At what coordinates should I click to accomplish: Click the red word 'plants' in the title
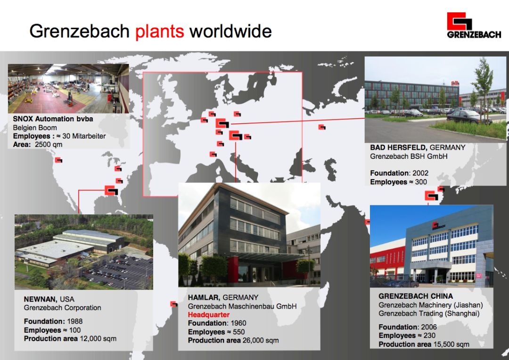click(x=159, y=32)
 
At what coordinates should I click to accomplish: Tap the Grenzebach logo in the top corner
click(x=474, y=25)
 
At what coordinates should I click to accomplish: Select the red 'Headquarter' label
click(x=209, y=315)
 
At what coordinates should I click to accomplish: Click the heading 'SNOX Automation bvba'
click(x=53, y=119)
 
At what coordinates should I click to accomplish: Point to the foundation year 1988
click(x=74, y=321)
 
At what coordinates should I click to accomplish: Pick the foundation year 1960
click(x=238, y=323)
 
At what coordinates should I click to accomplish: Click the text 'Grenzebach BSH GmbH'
click(x=409, y=156)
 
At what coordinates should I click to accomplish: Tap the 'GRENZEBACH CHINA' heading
click(x=416, y=296)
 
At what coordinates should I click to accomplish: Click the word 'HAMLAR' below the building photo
click(x=204, y=297)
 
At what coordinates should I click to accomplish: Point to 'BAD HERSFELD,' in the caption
click(x=399, y=147)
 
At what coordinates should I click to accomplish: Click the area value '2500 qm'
click(x=49, y=145)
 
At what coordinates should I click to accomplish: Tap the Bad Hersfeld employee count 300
click(x=421, y=182)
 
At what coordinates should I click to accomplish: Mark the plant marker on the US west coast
click(x=58, y=160)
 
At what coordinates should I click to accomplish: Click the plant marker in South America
click(x=174, y=304)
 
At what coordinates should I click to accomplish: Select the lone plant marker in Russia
click(x=322, y=127)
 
